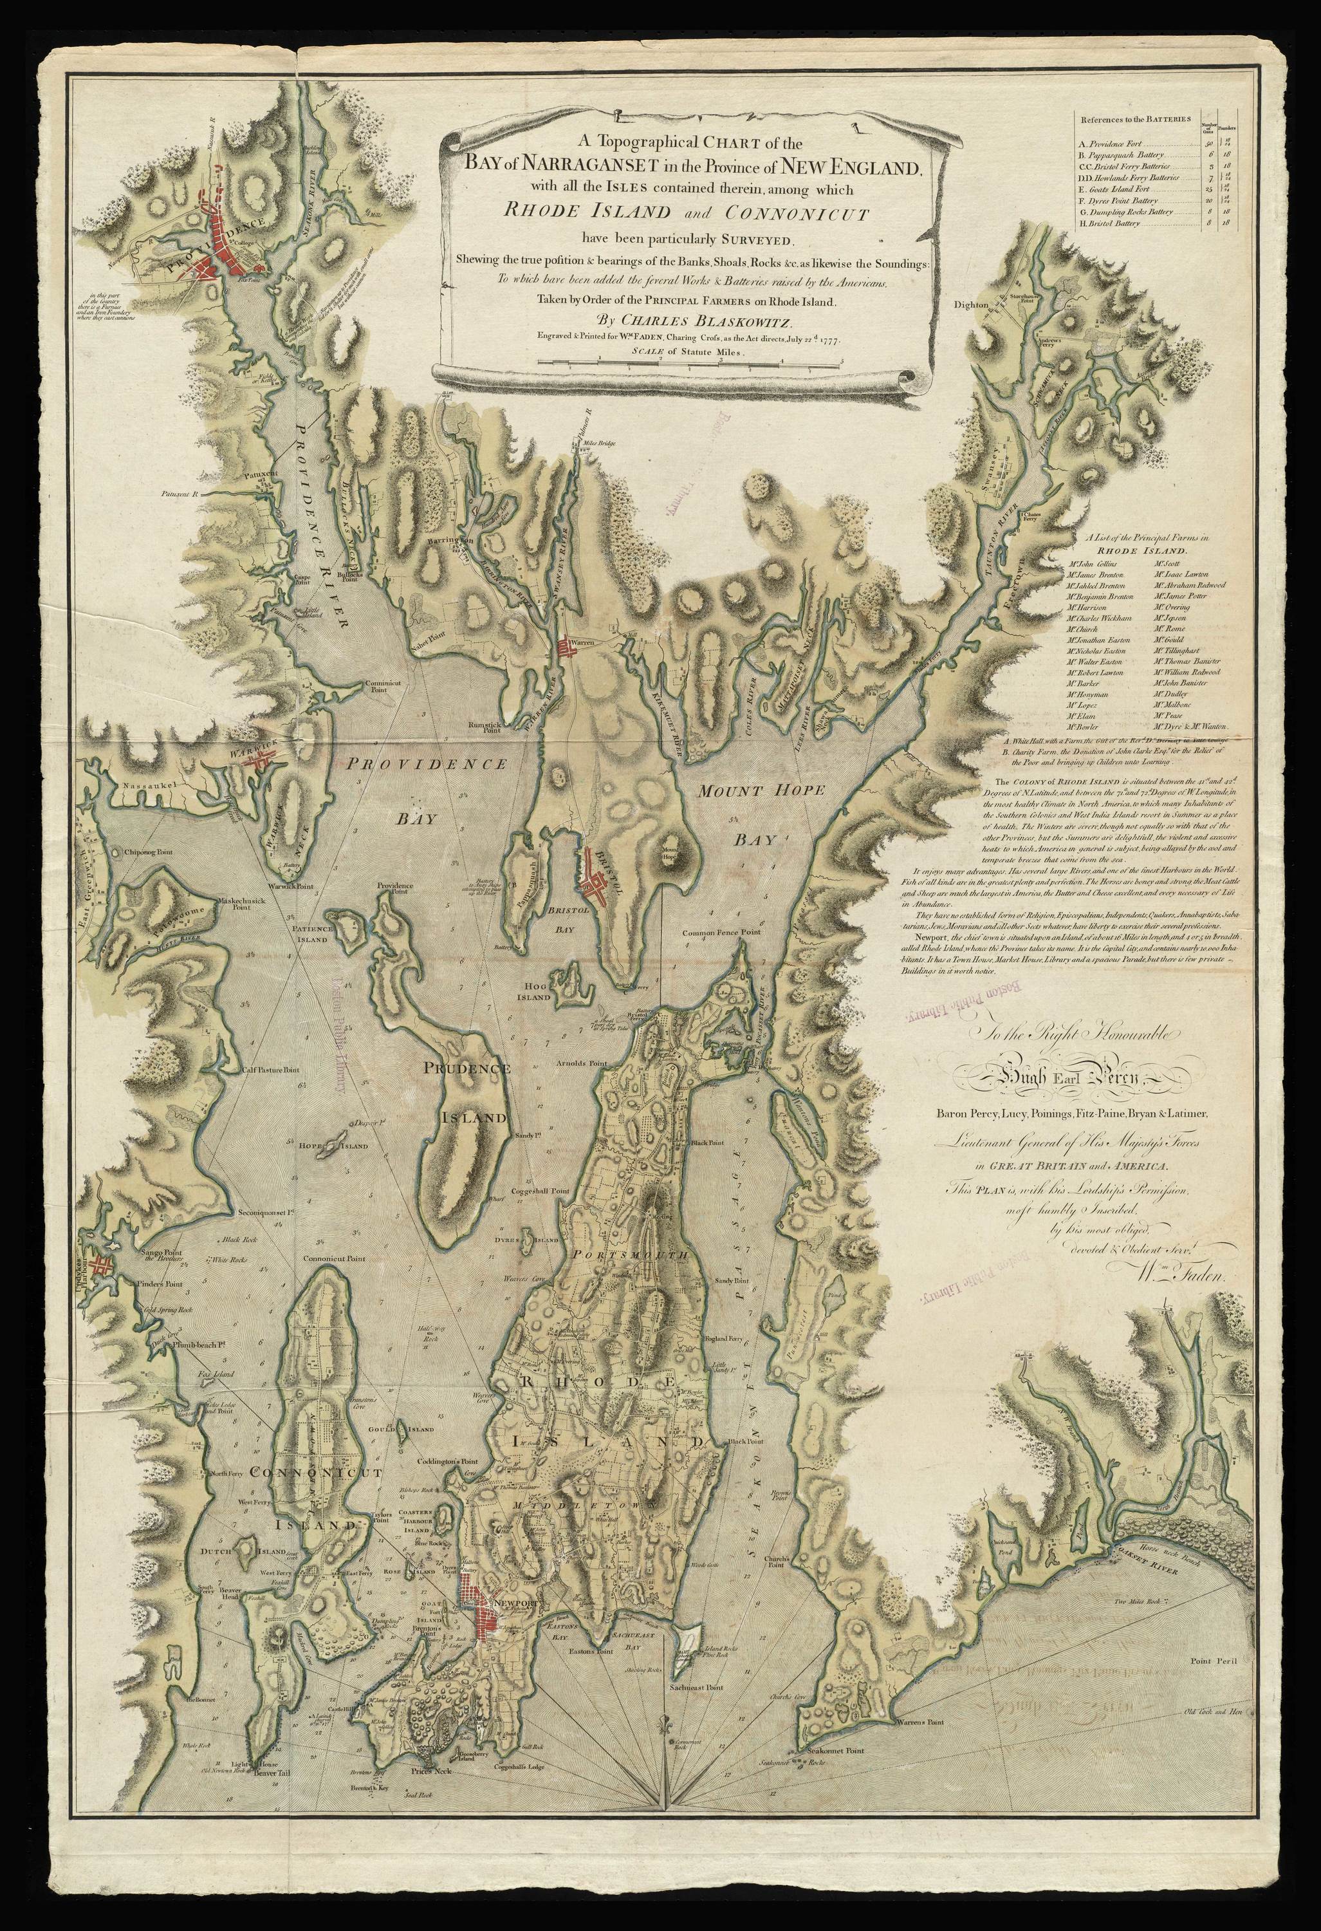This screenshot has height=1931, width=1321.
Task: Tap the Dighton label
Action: coord(971,305)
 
